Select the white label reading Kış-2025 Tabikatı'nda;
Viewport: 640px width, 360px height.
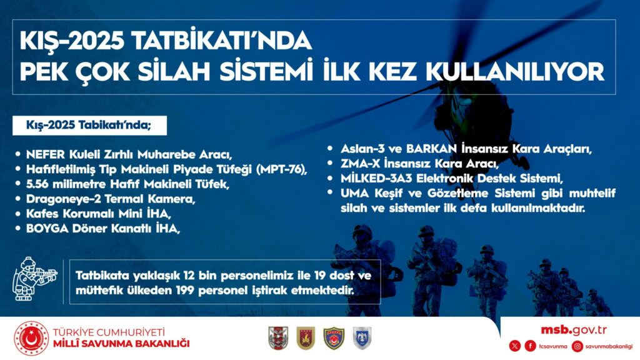click(89, 125)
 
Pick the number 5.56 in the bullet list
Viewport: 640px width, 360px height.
click(37, 184)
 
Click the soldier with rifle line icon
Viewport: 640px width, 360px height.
click(35, 279)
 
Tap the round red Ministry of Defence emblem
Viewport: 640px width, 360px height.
click(31, 338)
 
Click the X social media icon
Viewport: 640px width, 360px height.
click(515, 346)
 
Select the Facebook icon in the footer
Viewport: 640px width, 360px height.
click(530, 346)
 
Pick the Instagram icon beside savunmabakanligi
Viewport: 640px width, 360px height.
click(577, 346)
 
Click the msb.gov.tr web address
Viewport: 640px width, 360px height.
click(574, 330)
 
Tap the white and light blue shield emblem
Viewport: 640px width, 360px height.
click(362, 338)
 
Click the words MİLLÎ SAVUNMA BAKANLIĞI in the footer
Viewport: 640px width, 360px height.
click(121, 344)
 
